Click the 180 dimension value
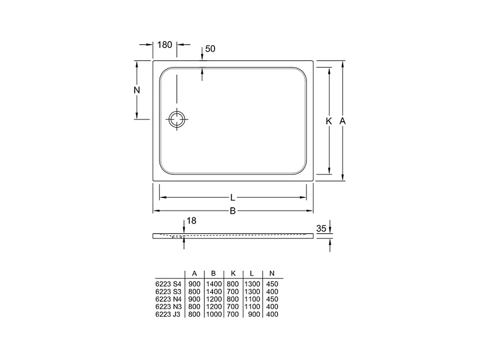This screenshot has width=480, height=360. [x=164, y=45]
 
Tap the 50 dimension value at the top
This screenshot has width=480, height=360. [x=210, y=49]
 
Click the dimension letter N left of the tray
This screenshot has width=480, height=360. [x=137, y=90]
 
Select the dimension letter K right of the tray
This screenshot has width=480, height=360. [x=329, y=121]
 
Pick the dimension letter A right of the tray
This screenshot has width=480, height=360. [x=342, y=121]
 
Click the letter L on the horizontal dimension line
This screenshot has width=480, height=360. [x=233, y=198]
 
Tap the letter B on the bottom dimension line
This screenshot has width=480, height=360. [x=233, y=211]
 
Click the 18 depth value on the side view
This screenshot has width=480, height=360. [x=191, y=221]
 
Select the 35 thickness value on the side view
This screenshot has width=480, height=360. [x=321, y=228]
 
